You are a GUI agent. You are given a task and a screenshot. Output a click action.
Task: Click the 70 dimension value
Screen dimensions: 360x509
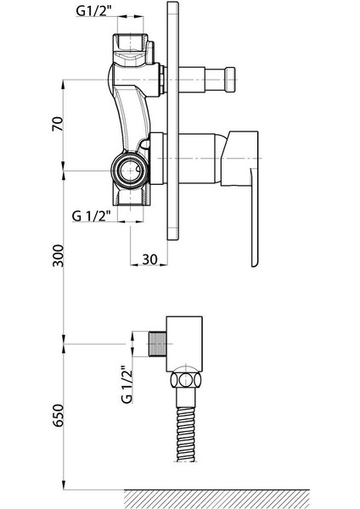(58, 124)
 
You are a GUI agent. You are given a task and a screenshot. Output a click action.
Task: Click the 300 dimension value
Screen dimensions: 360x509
(59, 256)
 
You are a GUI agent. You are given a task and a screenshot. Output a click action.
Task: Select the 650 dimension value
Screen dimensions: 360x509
(59, 416)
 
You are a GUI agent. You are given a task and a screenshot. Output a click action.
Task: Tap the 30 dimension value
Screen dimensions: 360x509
(149, 259)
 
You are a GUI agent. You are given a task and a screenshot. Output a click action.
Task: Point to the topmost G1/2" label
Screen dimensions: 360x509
(94, 11)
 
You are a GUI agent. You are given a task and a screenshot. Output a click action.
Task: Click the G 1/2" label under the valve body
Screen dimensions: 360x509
(92, 215)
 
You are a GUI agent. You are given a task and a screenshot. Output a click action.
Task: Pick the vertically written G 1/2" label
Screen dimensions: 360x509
(127, 384)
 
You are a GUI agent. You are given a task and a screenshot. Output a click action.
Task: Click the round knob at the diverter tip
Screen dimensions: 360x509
(230, 80)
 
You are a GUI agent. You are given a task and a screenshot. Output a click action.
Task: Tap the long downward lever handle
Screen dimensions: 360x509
(255, 217)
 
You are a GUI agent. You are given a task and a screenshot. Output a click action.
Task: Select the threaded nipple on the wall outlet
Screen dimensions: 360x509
(157, 344)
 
